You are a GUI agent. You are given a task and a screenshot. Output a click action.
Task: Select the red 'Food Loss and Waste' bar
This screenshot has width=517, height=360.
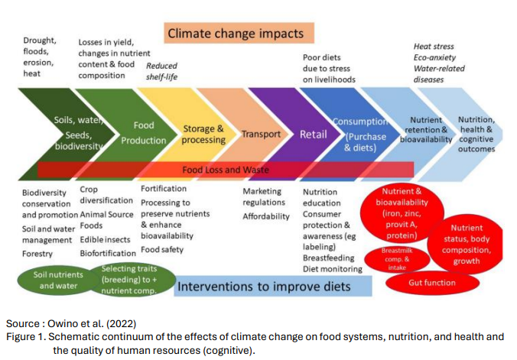click(225, 169)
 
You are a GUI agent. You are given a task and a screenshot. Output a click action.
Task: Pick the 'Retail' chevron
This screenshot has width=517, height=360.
click(314, 135)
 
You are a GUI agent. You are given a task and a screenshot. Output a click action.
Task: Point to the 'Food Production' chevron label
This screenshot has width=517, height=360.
click(144, 132)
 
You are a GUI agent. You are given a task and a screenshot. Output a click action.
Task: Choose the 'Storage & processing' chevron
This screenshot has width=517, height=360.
click(203, 135)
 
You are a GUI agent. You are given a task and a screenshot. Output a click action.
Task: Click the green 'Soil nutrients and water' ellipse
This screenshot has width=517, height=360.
click(58, 280)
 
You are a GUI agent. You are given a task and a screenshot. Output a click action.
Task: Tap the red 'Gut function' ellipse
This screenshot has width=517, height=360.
click(431, 283)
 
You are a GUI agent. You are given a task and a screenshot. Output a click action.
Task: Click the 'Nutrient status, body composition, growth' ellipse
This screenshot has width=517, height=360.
click(466, 245)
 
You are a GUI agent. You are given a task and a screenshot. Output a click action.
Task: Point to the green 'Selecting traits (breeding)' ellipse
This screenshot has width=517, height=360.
click(128, 279)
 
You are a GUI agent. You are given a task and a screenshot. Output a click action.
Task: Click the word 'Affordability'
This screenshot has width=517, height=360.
click(266, 216)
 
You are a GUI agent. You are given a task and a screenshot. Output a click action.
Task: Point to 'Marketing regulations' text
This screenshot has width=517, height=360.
click(263, 196)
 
